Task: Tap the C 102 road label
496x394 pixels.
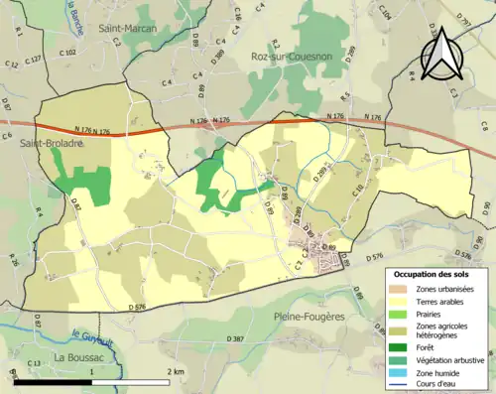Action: click(67, 51)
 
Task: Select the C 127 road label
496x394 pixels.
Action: click(33, 60)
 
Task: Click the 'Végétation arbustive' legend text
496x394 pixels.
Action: click(443, 358)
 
